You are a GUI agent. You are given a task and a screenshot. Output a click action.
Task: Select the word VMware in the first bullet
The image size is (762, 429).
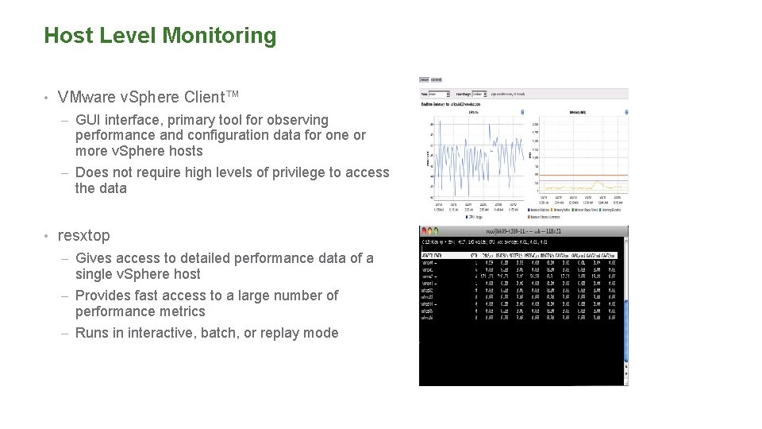click(86, 97)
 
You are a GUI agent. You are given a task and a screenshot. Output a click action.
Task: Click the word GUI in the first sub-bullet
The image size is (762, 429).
click(88, 120)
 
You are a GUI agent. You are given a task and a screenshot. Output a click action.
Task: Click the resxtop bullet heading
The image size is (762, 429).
click(84, 236)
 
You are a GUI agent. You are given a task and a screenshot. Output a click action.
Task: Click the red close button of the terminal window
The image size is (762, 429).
click(424, 230)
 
